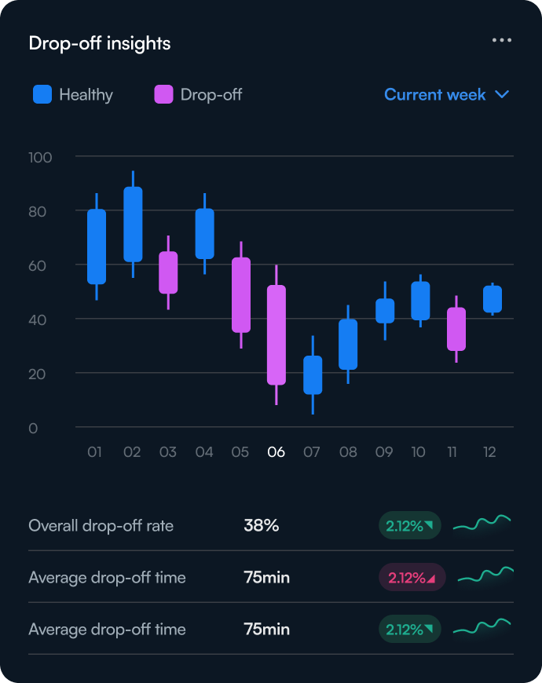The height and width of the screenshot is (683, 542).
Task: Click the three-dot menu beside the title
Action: pos(502,40)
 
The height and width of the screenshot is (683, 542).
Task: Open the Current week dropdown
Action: pos(446,95)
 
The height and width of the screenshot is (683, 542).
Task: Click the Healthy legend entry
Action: pos(73,95)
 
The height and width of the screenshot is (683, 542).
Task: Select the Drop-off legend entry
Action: pos(198,95)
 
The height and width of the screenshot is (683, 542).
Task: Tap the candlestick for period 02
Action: pos(133,224)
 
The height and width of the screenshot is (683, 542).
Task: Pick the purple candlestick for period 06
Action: pos(276,334)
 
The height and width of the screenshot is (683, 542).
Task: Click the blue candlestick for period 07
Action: pos(313,374)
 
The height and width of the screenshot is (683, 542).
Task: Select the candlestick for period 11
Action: pos(456,329)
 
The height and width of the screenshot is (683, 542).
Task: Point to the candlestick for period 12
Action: pos(493,299)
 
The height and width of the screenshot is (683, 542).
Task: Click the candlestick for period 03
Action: pos(168,272)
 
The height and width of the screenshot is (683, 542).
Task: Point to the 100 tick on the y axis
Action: pos(40,157)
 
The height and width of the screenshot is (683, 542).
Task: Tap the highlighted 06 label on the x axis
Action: pos(276,452)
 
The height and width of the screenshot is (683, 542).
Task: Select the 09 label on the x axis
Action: pos(384,452)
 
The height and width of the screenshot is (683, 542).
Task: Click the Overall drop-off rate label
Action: pos(101,526)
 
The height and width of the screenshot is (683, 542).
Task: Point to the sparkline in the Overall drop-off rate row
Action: pos(482,524)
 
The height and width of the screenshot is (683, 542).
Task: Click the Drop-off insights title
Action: pos(100,43)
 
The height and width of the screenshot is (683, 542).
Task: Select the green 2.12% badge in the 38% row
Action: pos(409,526)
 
